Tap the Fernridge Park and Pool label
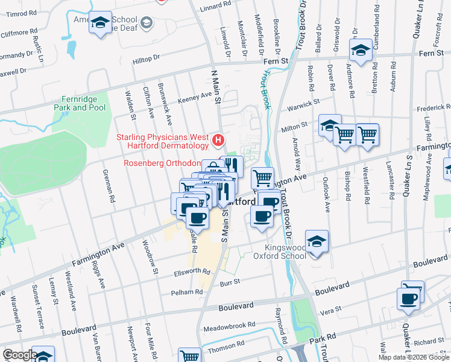point(80,104)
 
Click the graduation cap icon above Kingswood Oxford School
point(317,241)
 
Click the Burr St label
point(230,281)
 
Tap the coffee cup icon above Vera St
point(408,299)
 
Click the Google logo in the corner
point(20,355)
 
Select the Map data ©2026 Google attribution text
point(414,357)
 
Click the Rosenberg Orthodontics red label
point(162,163)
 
